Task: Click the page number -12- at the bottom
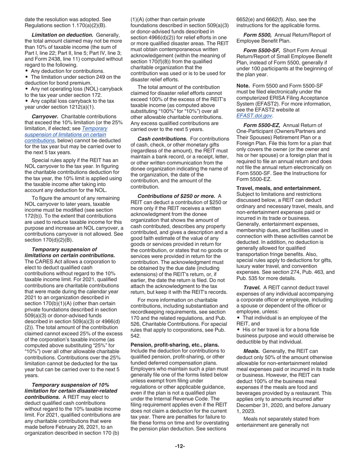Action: point(180,446)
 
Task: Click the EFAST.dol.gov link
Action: point(254,116)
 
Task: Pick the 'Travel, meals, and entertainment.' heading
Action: point(279,188)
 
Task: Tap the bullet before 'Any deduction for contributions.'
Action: point(26,71)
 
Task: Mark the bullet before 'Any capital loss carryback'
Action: point(26,101)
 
